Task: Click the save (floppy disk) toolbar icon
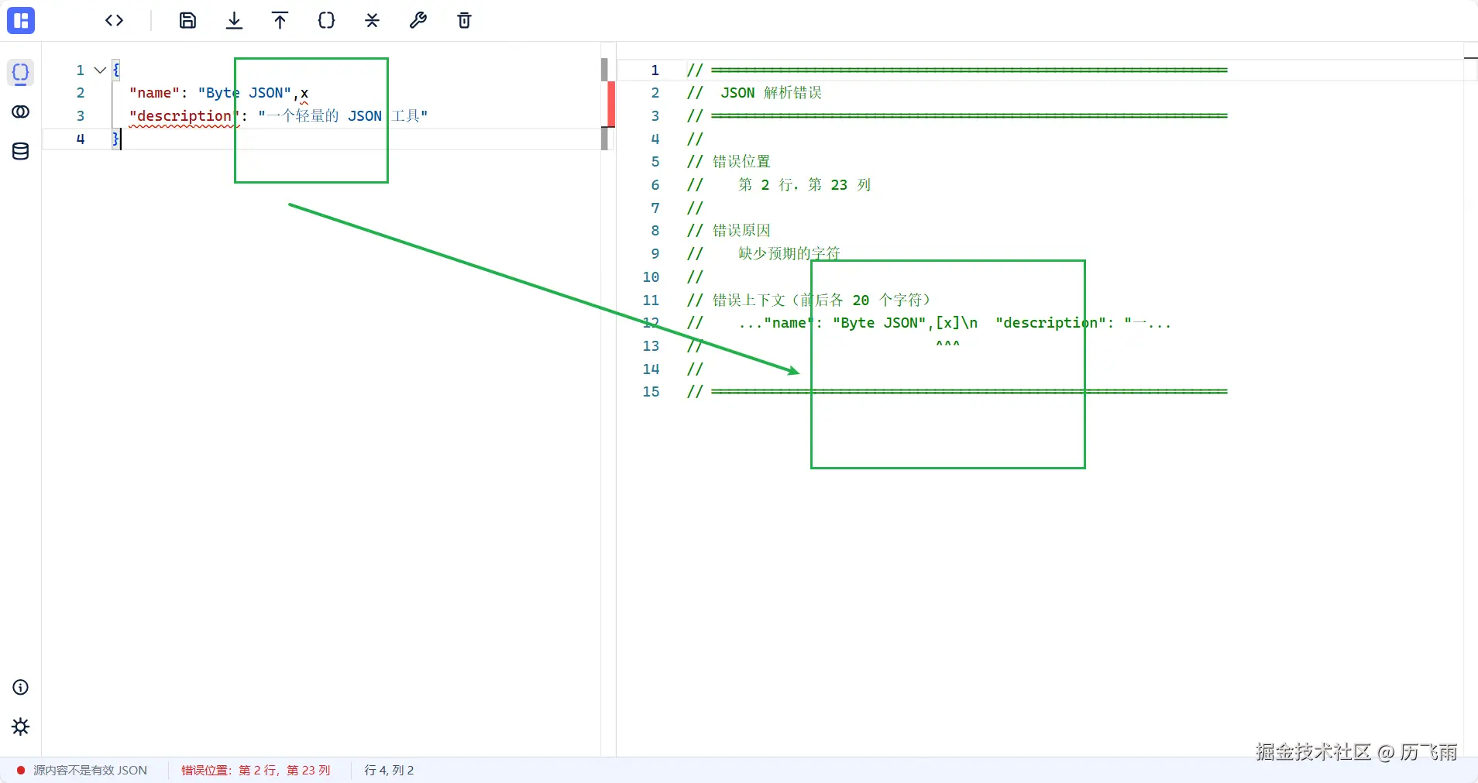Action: click(187, 21)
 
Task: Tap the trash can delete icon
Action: click(464, 21)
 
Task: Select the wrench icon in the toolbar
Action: click(418, 21)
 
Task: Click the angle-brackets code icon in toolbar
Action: click(115, 21)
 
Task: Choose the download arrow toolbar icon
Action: click(234, 21)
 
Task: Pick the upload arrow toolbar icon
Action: click(280, 21)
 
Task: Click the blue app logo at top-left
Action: click(21, 21)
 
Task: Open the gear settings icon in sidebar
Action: click(21, 726)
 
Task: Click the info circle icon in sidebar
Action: click(21, 688)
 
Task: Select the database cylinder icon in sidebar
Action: click(21, 151)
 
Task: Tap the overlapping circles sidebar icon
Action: click(21, 112)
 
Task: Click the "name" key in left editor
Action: click(154, 93)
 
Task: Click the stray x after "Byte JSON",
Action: click(304, 93)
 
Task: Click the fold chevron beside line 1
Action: click(100, 70)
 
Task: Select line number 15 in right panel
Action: click(651, 392)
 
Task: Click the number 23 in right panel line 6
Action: click(839, 185)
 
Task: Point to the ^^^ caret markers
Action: click(947, 344)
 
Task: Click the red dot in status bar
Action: click(21, 771)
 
